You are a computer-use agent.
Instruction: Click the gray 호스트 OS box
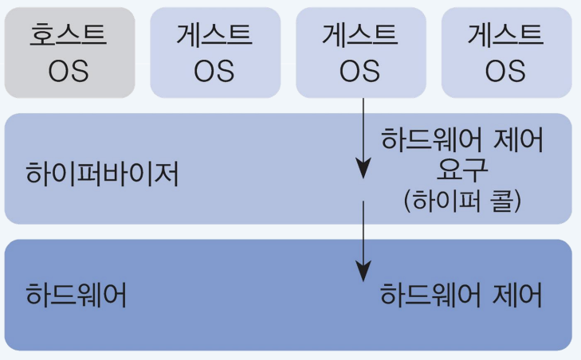69,53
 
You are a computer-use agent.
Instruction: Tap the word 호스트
69,34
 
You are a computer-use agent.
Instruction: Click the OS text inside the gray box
69,71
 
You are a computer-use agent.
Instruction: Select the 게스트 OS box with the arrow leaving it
360,53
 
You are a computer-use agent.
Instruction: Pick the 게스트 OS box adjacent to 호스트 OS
214,53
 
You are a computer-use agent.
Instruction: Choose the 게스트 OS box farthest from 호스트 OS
506,53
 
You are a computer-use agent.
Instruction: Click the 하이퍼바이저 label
103,173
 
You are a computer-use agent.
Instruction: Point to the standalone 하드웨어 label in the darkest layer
77,296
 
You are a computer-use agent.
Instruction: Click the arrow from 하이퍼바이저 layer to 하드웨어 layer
363,239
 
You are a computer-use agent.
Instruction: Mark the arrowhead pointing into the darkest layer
363,272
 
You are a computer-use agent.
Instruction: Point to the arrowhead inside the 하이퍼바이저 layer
363,170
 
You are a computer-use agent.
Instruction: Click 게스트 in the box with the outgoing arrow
360,34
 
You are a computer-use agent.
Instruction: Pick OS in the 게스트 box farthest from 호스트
506,71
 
